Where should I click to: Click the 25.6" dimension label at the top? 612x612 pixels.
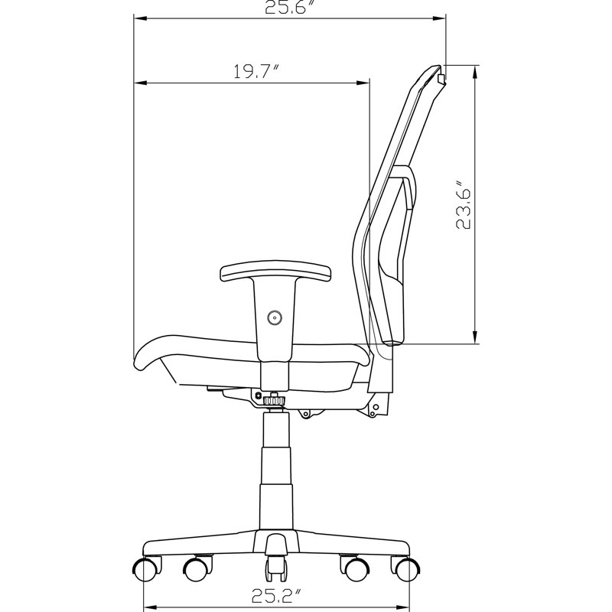point(290,7)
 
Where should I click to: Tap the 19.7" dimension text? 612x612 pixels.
point(256,71)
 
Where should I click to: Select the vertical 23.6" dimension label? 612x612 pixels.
point(464,204)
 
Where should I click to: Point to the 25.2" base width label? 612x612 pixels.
point(276,596)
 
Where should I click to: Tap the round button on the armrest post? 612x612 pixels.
point(275,317)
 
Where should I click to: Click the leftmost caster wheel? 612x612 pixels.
point(146,569)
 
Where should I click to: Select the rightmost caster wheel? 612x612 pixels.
point(407,569)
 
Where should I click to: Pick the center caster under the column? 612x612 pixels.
point(276,569)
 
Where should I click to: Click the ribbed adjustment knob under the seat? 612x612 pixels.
point(275,401)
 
